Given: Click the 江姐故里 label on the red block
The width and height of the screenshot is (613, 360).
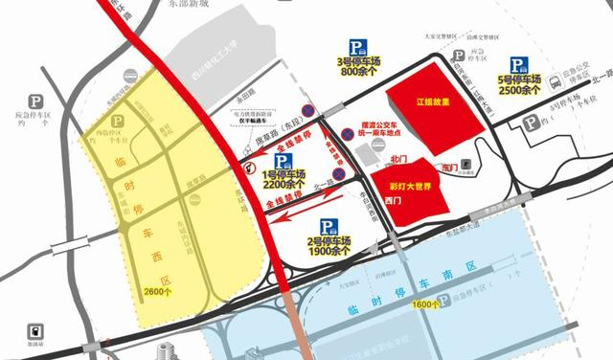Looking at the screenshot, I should (433, 102).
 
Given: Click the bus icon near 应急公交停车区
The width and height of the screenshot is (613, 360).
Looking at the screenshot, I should (556, 84).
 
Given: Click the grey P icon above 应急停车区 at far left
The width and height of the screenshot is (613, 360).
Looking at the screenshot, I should (38, 100).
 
